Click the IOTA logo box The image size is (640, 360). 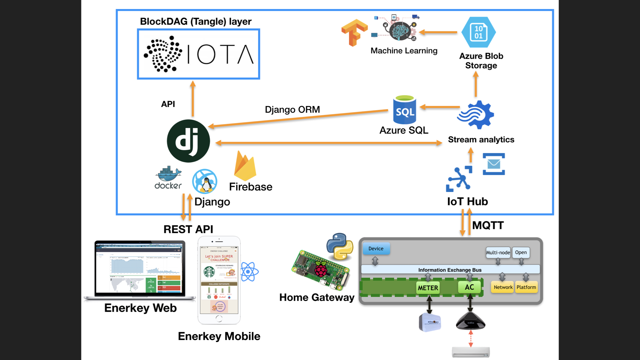198,54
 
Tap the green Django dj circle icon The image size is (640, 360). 188,141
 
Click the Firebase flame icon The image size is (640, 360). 245,166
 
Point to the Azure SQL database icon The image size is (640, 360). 404,110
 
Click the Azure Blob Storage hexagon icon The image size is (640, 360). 479,32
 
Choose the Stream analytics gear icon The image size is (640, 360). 476,115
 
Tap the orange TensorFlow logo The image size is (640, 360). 354,32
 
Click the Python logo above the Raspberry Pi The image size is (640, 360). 340,246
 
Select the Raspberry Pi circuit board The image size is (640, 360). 321,270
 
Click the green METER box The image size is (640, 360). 428,288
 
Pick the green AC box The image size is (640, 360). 469,287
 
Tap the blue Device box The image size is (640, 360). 376,249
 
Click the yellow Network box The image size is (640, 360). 503,287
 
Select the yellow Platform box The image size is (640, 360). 526,287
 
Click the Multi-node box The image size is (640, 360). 498,252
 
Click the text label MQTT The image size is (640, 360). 488,225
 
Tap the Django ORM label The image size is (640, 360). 292,109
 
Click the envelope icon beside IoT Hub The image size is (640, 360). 494,164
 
